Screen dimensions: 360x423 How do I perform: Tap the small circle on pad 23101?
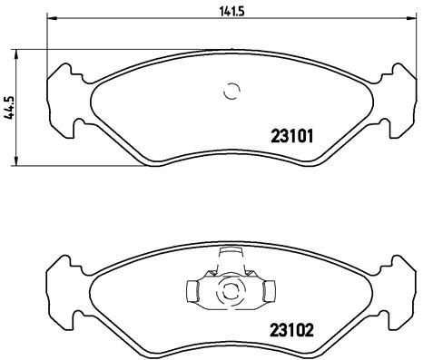pyautogui.click(x=231, y=91)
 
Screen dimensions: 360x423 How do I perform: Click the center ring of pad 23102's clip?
pyautogui.click(x=231, y=292)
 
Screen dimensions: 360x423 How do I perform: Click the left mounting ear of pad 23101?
pyautogui.click(x=61, y=96)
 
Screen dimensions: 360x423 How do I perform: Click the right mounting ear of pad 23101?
pyautogui.click(x=400, y=96)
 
